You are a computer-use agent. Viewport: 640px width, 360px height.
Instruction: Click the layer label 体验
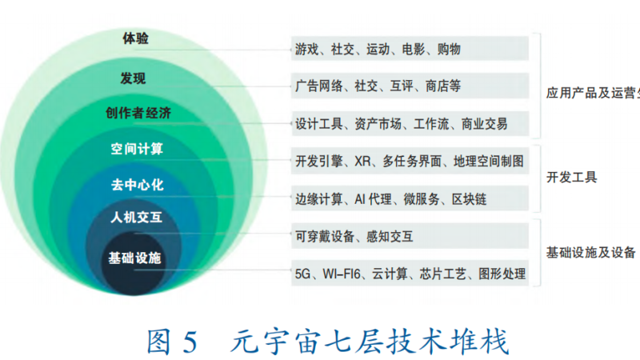coord(135,38)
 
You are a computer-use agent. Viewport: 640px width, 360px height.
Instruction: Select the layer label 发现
coord(133,78)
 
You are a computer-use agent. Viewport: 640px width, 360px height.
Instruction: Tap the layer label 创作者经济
coord(138,113)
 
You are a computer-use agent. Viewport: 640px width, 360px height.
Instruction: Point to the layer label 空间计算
coord(137,149)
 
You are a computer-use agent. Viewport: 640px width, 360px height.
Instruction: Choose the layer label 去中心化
coord(138,185)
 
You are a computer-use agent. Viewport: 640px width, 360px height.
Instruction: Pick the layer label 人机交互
coord(136,217)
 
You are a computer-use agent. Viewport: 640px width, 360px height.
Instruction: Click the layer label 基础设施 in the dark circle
coord(134,258)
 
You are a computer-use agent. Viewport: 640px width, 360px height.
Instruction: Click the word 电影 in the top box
coord(414,50)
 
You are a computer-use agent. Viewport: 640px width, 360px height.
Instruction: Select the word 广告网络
coord(318,86)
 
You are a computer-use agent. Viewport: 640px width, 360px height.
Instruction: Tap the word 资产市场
coord(378,124)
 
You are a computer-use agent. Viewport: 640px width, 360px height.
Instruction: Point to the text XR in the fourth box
coord(362,162)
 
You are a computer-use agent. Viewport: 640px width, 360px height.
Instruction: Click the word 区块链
coord(469,199)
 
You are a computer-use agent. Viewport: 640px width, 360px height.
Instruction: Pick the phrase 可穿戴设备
coord(325,236)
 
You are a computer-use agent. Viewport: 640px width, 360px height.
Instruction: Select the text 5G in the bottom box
coord(302,274)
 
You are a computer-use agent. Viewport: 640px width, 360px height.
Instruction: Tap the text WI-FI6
coord(342,274)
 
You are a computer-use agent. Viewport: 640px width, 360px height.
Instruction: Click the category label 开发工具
coord(571,177)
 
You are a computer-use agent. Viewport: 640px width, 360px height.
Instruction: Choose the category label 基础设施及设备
coord(591,253)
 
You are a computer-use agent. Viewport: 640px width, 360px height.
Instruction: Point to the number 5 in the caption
coord(190,342)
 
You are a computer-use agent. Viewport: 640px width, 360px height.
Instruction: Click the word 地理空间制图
coord(489,162)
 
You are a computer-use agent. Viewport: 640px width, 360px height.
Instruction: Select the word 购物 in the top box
coord(449,50)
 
